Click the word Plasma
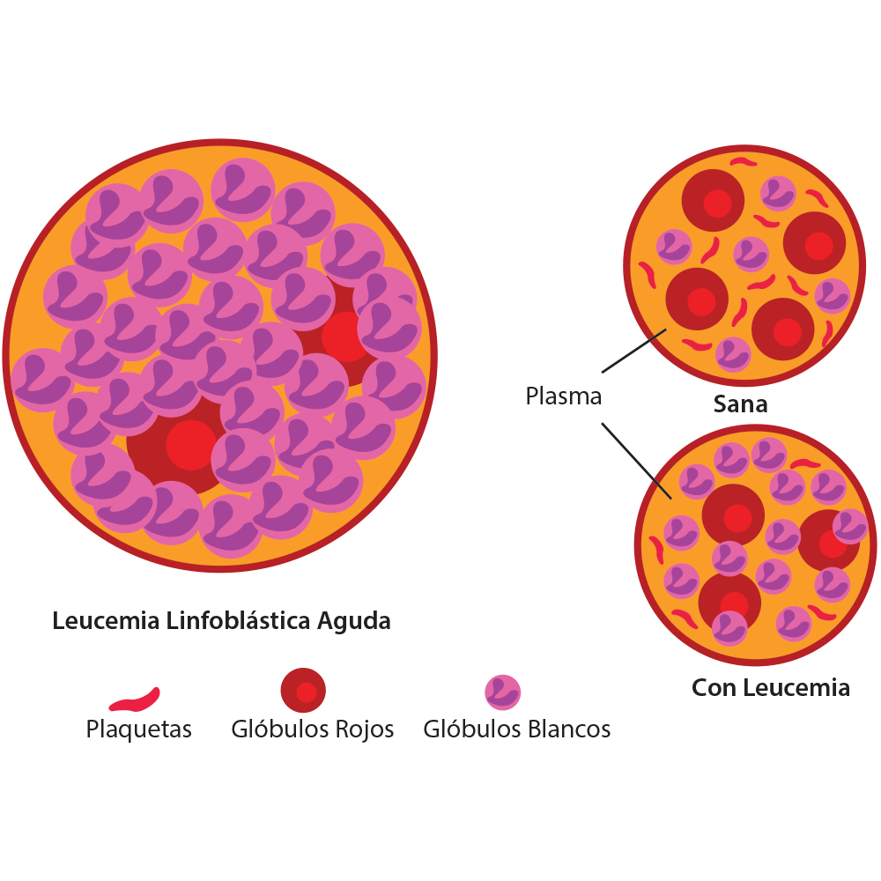point(563,396)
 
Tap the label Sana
point(740,404)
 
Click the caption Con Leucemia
point(771,687)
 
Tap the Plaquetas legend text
point(138,729)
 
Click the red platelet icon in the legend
point(134,700)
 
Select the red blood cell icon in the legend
point(304,692)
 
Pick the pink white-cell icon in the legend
point(502,692)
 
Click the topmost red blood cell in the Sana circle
point(713,202)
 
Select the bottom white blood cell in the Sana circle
point(733,354)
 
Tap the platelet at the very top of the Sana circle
point(743,162)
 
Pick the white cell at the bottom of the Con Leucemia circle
point(729,627)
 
